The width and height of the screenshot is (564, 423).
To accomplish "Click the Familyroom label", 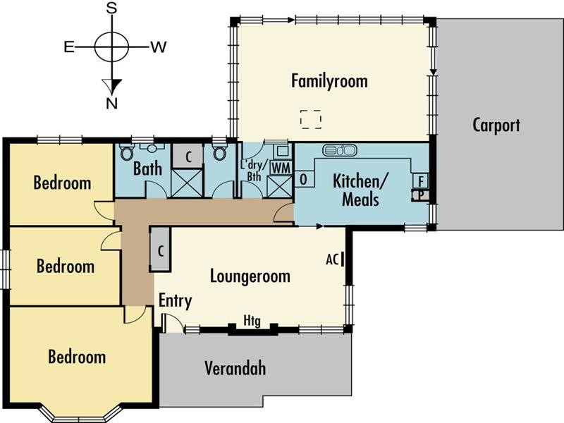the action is click(x=329, y=81).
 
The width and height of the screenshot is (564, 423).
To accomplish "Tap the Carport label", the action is click(x=496, y=125).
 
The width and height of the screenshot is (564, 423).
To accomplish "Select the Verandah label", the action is click(x=235, y=368).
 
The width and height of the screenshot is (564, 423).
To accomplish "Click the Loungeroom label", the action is click(x=250, y=276).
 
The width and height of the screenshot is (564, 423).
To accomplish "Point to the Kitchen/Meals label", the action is click(x=360, y=190).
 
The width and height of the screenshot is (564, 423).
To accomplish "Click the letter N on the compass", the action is click(x=112, y=104).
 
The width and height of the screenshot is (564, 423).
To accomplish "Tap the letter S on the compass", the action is click(x=112, y=8).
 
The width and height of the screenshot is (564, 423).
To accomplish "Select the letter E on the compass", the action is click(x=69, y=47).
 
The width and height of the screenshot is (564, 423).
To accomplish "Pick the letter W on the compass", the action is click(x=159, y=47).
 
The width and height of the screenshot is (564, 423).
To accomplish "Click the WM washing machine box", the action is click(x=281, y=168).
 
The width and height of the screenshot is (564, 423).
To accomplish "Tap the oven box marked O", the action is click(x=304, y=179).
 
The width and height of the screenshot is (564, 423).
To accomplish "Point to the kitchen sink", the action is click(x=340, y=150).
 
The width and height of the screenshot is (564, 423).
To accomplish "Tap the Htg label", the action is click(x=252, y=320).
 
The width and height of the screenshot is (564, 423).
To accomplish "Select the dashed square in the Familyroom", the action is click(x=311, y=119).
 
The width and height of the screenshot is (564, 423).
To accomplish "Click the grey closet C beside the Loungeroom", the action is click(x=161, y=250).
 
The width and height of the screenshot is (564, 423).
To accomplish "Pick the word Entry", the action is click(x=175, y=301).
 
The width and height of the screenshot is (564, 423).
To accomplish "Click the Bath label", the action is click(x=147, y=168).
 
